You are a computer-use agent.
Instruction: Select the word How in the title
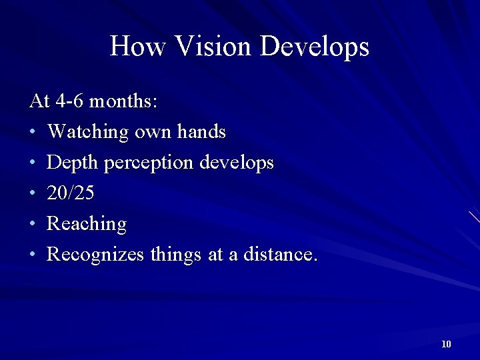click(x=137, y=47)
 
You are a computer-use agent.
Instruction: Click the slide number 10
click(x=446, y=344)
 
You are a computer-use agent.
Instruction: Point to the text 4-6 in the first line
click(x=70, y=101)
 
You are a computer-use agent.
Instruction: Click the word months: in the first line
click(x=123, y=101)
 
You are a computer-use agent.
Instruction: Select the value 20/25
click(x=71, y=193)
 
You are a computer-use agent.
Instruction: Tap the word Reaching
click(x=87, y=225)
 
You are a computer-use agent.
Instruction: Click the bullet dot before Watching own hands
click(x=33, y=133)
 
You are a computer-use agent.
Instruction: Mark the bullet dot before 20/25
click(x=33, y=194)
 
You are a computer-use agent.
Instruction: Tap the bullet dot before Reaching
click(x=33, y=225)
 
